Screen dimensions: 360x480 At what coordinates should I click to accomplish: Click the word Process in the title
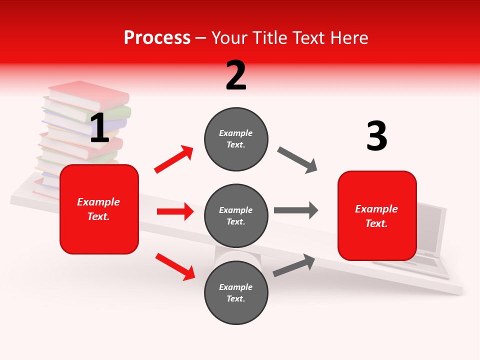click(x=157, y=38)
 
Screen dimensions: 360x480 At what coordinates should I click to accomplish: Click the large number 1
click(x=99, y=128)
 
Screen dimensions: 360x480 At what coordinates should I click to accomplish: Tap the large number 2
click(x=236, y=75)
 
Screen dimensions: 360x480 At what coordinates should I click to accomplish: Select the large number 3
click(x=376, y=136)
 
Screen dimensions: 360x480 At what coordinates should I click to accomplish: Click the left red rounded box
click(x=99, y=209)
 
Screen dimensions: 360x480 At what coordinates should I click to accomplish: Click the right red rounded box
click(x=377, y=215)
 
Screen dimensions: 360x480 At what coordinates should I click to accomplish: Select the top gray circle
click(x=236, y=138)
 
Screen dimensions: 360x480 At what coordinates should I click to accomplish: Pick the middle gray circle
click(x=236, y=215)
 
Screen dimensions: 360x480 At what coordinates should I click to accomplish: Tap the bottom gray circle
click(x=236, y=292)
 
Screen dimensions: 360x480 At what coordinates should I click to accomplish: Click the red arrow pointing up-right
click(x=174, y=159)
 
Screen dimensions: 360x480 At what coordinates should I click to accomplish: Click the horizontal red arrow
click(x=175, y=211)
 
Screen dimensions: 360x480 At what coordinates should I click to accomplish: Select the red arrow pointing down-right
click(x=175, y=266)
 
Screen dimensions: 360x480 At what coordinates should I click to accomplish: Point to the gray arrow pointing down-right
click(x=297, y=160)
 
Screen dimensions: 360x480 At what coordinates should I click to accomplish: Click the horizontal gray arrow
click(x=296, y=210)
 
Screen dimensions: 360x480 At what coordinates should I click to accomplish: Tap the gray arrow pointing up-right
click(x=294, y=265)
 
